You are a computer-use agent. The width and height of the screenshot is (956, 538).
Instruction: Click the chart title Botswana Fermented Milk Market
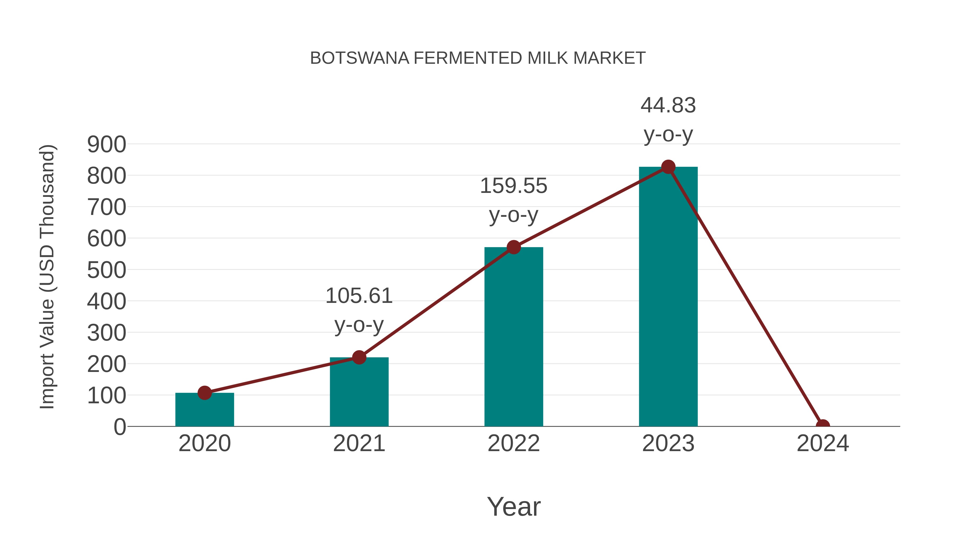[x=478, y=58]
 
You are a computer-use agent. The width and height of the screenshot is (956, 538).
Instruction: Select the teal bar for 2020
[x=204, y=410]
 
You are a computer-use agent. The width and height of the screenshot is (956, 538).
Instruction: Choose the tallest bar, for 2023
[x=668, y=297]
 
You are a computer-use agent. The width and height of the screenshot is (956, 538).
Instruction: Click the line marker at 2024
[x=822, y=426]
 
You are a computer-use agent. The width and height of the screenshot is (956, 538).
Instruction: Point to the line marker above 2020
[x=204, y=392]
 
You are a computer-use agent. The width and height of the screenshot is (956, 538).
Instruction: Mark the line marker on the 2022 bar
[x=513, y=247]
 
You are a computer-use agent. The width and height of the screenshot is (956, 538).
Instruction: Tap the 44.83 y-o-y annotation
[x=668, y=120]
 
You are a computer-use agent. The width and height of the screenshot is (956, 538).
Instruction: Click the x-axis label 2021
[x=359, y=443]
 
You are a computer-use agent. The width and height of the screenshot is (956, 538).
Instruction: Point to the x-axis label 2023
[x=668, y=443]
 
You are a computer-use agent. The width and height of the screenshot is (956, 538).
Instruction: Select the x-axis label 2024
[x=822, y=443]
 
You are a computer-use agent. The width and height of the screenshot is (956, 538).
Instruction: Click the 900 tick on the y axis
[x=106, y=145]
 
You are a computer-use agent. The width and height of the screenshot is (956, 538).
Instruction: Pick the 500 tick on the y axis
[x=106, y=270]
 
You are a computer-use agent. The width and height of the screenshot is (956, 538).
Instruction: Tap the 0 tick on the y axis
[x=119, y=427]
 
